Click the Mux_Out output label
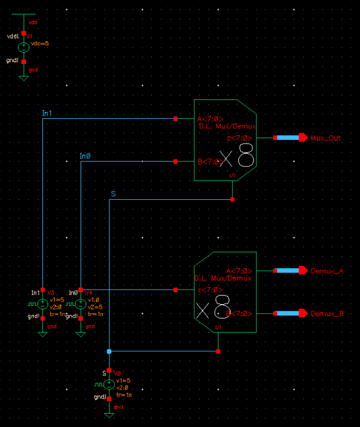[x=326, y=138]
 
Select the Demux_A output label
[x=327, y=271]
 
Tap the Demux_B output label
[x=327, y=314]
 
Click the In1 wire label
[x=47, y=113]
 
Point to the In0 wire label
[x=85, y=156]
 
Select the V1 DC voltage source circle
[x=24, y=47]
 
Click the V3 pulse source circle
[x=42, y=304]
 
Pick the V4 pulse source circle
[x=80, y=304]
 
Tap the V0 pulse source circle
[x=109, y=384]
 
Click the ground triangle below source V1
[x=24, y=78]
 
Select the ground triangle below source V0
[x=109, y=415]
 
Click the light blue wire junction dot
[x=109, y=351]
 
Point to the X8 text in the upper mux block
[x=237, y=159]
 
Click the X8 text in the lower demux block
[x=213, y=309]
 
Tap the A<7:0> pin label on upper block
[x=210, y=119]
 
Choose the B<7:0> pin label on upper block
[x=208, y=162]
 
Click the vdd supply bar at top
[x=24, y=14]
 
